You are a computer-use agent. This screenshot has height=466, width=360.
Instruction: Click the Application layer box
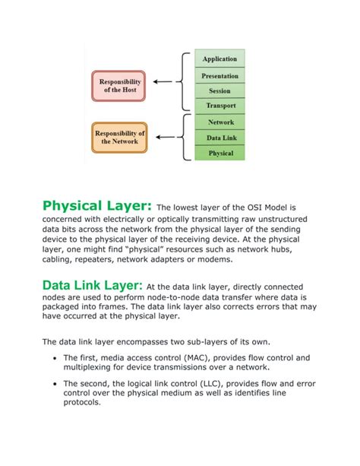220,59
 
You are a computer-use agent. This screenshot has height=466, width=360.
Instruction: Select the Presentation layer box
220,75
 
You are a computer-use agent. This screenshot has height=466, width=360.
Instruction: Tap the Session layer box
220,90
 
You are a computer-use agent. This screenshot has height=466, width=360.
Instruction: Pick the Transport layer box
220,106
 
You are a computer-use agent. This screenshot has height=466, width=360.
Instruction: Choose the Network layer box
220,122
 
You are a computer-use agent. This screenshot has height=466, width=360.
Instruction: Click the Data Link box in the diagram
220,138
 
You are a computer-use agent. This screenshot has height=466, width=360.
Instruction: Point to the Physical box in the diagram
220,153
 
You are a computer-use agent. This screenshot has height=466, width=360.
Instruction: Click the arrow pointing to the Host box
164,81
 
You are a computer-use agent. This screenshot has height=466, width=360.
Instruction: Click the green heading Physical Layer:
97,206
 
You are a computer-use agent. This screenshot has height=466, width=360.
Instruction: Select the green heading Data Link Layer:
92,285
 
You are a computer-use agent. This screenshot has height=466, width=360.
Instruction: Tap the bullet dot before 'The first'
56,358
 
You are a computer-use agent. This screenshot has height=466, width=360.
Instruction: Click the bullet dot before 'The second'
56,385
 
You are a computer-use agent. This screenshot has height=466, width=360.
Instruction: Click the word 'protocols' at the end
82,403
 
